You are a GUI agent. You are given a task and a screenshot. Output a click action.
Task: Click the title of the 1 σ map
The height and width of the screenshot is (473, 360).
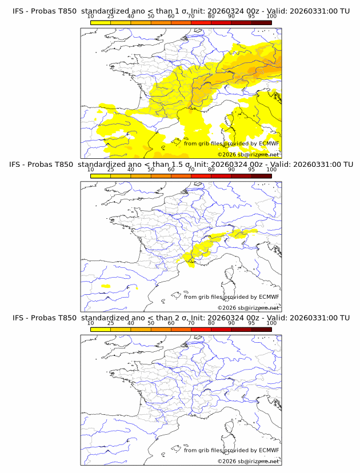[181, 11]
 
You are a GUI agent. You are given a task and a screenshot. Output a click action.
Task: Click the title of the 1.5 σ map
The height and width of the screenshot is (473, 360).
[181, 165]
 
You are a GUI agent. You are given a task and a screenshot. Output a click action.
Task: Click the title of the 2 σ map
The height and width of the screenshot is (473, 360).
[181, 318]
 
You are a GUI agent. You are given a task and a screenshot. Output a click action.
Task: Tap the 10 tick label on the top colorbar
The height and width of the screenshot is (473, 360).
[90, 17]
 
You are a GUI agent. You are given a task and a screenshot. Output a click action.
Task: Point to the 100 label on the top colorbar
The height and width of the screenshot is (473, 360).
[271, 17]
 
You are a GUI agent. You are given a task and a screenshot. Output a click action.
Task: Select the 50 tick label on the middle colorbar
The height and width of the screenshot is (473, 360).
[151, 170]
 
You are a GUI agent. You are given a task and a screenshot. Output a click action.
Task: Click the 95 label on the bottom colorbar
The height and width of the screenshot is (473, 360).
[251, 323]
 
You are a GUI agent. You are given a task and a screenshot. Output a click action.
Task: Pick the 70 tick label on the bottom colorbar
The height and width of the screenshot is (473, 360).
[191, 323]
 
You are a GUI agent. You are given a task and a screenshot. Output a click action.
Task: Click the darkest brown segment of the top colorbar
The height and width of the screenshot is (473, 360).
[261, 22]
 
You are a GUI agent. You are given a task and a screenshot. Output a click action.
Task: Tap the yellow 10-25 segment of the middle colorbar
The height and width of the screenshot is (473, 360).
[101, 175]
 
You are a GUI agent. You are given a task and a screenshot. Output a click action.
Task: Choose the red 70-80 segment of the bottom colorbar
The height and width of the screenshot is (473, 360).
[201, 328]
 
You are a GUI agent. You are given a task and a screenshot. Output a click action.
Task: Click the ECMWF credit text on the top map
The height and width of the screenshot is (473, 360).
[231, 143]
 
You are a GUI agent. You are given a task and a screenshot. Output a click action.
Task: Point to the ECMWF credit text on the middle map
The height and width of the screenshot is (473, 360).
[231, 296]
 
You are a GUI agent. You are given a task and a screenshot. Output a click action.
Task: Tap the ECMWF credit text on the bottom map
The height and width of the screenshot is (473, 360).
[231, 450]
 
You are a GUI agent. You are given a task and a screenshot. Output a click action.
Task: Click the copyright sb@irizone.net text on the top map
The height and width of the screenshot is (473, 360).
[249, 154]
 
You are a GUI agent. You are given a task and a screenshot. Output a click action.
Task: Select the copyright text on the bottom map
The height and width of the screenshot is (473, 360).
[249, 461]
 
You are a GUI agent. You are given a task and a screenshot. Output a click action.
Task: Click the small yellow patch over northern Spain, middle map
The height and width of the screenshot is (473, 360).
[105, 286]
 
